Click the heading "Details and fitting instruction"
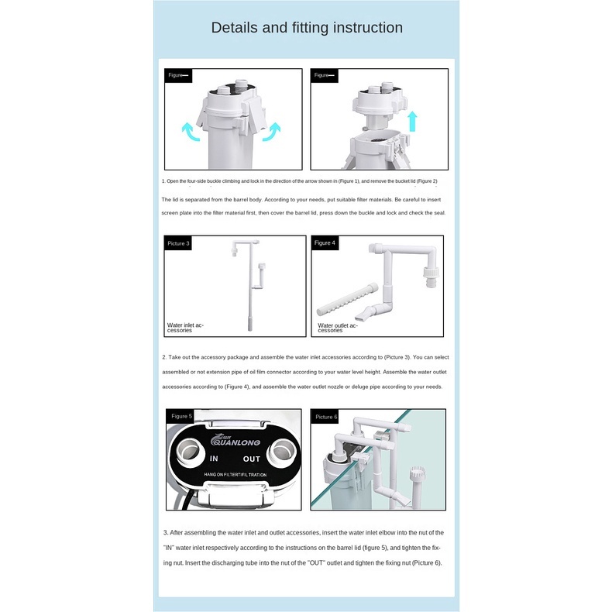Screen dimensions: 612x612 click(x=307, y=28)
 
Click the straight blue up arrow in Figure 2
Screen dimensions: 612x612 click(x=413, y=122)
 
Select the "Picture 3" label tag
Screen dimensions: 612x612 click(x=178, y=243)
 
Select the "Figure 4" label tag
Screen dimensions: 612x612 click(x=325, y=243)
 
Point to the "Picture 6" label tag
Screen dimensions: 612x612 click(x=326, y=417)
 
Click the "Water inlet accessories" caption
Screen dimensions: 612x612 click(x=185, y=327)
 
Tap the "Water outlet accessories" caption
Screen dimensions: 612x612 click(x=338, y=328)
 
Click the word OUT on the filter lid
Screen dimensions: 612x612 click(x=273, y=459)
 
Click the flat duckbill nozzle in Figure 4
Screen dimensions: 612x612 click(x=365, y=315)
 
